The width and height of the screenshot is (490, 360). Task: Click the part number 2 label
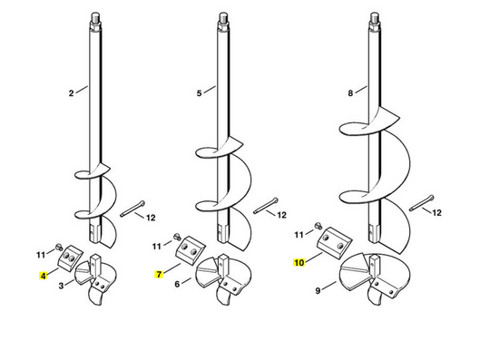71,92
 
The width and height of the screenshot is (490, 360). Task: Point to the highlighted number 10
299,261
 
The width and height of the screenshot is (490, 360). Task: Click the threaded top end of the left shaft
93,17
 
